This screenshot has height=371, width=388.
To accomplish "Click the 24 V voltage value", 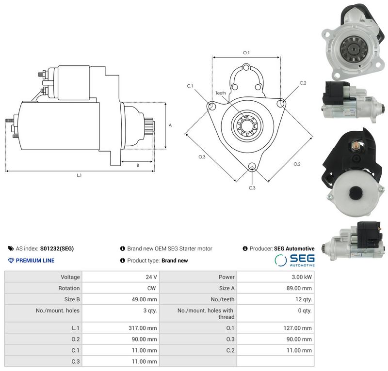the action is pyautogui.click(x=151, y=277).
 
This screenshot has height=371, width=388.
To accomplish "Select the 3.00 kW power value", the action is pyautogui.click(x=302, y=277).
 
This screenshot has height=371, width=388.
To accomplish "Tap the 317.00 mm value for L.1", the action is pyautogui.click(x=143, y=328).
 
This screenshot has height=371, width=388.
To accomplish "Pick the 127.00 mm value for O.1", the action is pyautogui.click(x=298, y=328).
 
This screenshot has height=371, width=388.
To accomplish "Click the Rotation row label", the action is pyautogui.click(x=69, y=288).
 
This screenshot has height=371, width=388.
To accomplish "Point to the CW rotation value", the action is pyautogui.click(x=151, y=288).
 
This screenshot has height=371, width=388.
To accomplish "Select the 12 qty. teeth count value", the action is pyautogui.click(x=304, y=299).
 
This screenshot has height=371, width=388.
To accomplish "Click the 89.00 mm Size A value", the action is pyautogui.click(x=299, y=288).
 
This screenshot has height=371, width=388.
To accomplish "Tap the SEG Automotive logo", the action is pyautogui.click(x=295, y=260).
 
